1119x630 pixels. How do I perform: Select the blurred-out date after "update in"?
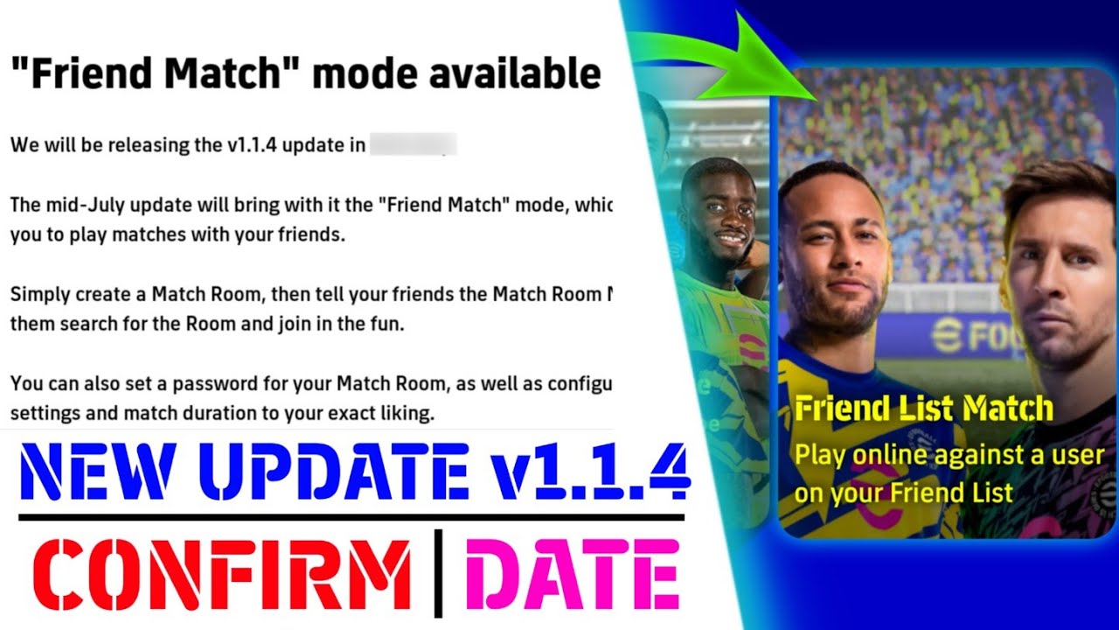click(x=413, y=144)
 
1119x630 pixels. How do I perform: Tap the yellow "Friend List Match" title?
click(x=924, y=409)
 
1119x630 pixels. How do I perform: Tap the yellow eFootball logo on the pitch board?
click(x=944, y=337)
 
